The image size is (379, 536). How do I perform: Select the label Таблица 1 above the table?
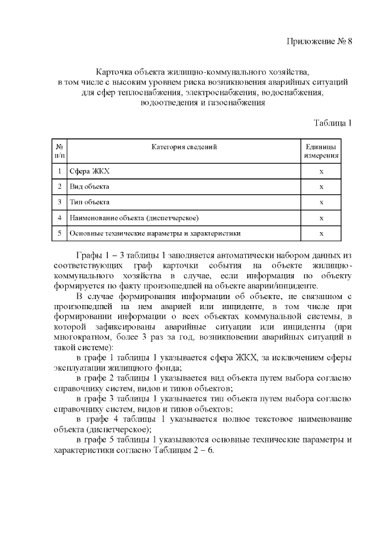(333, 123)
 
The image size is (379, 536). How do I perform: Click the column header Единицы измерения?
(322, 151)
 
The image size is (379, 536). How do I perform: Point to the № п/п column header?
(60, 151)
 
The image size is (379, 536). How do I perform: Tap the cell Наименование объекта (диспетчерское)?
(134, 218)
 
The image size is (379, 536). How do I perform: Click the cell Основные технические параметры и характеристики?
(155, 233)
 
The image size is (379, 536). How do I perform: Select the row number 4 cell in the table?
(60, 218)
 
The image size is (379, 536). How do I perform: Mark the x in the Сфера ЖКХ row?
(322, 171)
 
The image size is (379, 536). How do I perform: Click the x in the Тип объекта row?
(322, 202)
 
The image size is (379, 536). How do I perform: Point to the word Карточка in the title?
(115, 70)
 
